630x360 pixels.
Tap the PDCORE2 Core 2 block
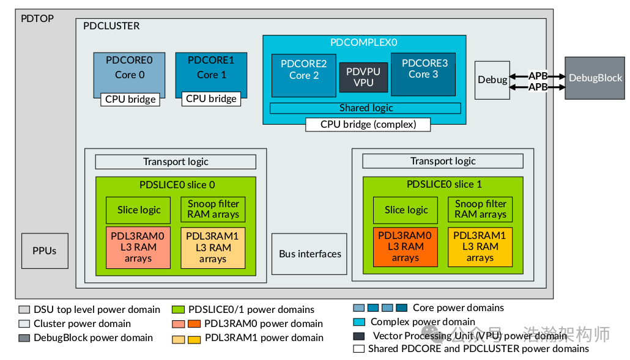click(303, 70)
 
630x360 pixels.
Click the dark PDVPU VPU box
click(363, 77)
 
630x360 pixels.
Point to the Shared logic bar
click(365, 108)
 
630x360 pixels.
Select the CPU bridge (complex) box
click(368, 125)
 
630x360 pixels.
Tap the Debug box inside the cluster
click(492, 80)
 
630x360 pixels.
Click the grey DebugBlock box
click(595, 78)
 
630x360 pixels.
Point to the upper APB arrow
click(538, 76)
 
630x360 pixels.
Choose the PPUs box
click(44, 251)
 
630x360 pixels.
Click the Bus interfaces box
click(309, 254)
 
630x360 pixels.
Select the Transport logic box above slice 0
click(176, 162)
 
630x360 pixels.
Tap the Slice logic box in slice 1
click(406, 210)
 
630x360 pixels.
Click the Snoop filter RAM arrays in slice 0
click(213, 209)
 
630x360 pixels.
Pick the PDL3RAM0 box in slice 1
click(404, 247)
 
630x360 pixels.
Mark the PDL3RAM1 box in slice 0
click(213, 248)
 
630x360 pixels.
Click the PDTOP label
click(37, 18)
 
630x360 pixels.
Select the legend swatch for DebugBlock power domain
click(24, 338)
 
